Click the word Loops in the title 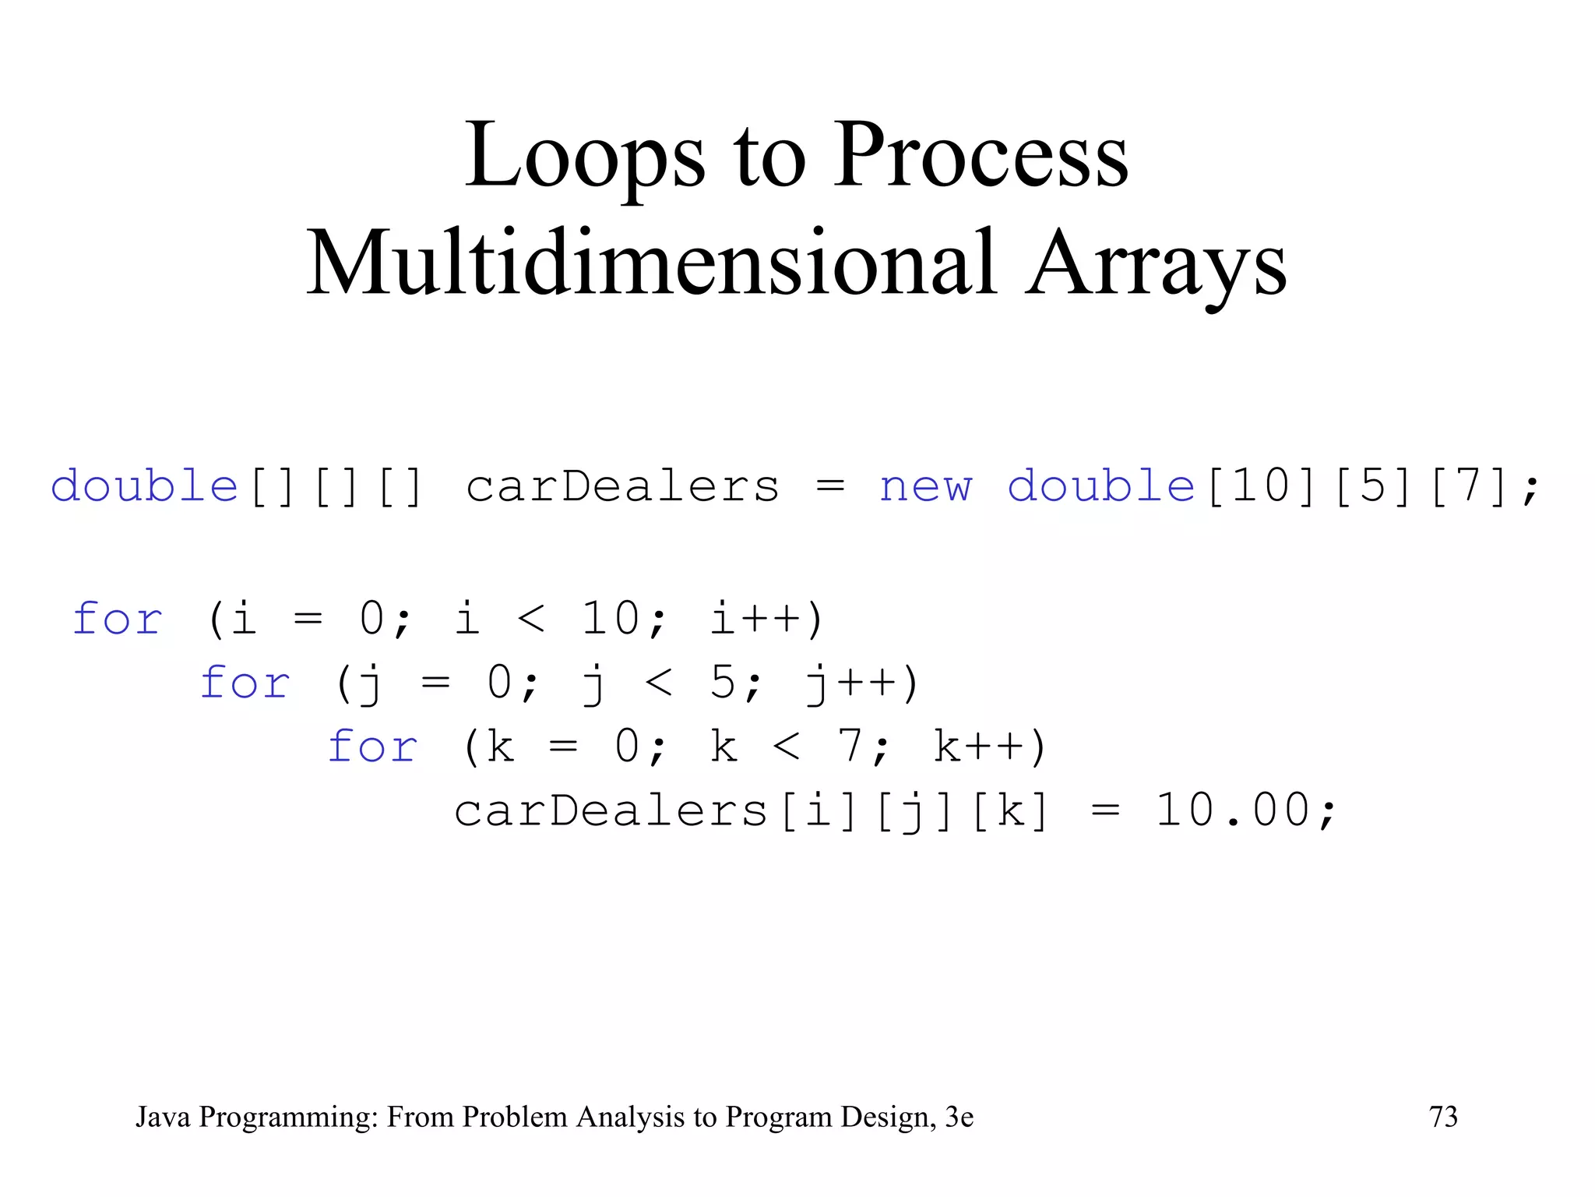[x=585, y=156]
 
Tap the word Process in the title [x=981, y=156]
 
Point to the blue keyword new [x=925, y=487]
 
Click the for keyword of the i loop [x=117, y=620]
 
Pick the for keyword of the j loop [x=245, y=683]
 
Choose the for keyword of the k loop [x=372, y=747]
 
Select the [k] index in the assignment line [x=1011, y=811]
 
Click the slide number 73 [x=1443, y=1117]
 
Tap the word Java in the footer [x=163, y=1117]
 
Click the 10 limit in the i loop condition [x=611, y=620]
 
